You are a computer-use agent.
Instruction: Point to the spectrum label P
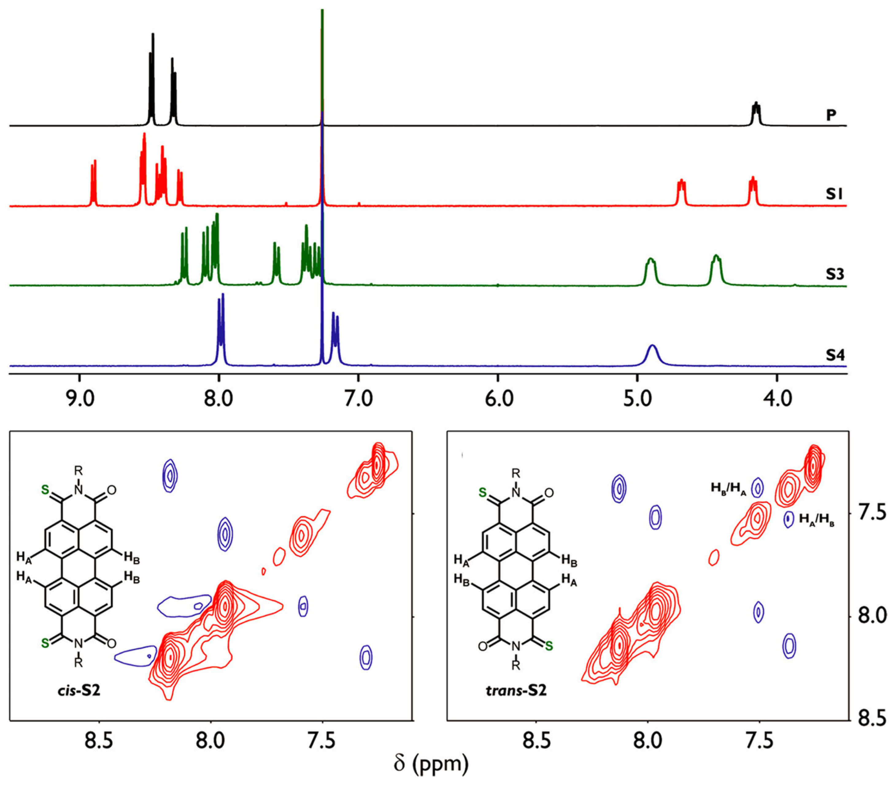pos(831,115)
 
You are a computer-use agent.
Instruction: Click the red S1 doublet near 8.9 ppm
pos(93,184)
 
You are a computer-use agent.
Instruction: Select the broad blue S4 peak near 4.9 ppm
pos(652,355)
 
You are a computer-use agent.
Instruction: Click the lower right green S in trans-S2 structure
pos(549,645)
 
